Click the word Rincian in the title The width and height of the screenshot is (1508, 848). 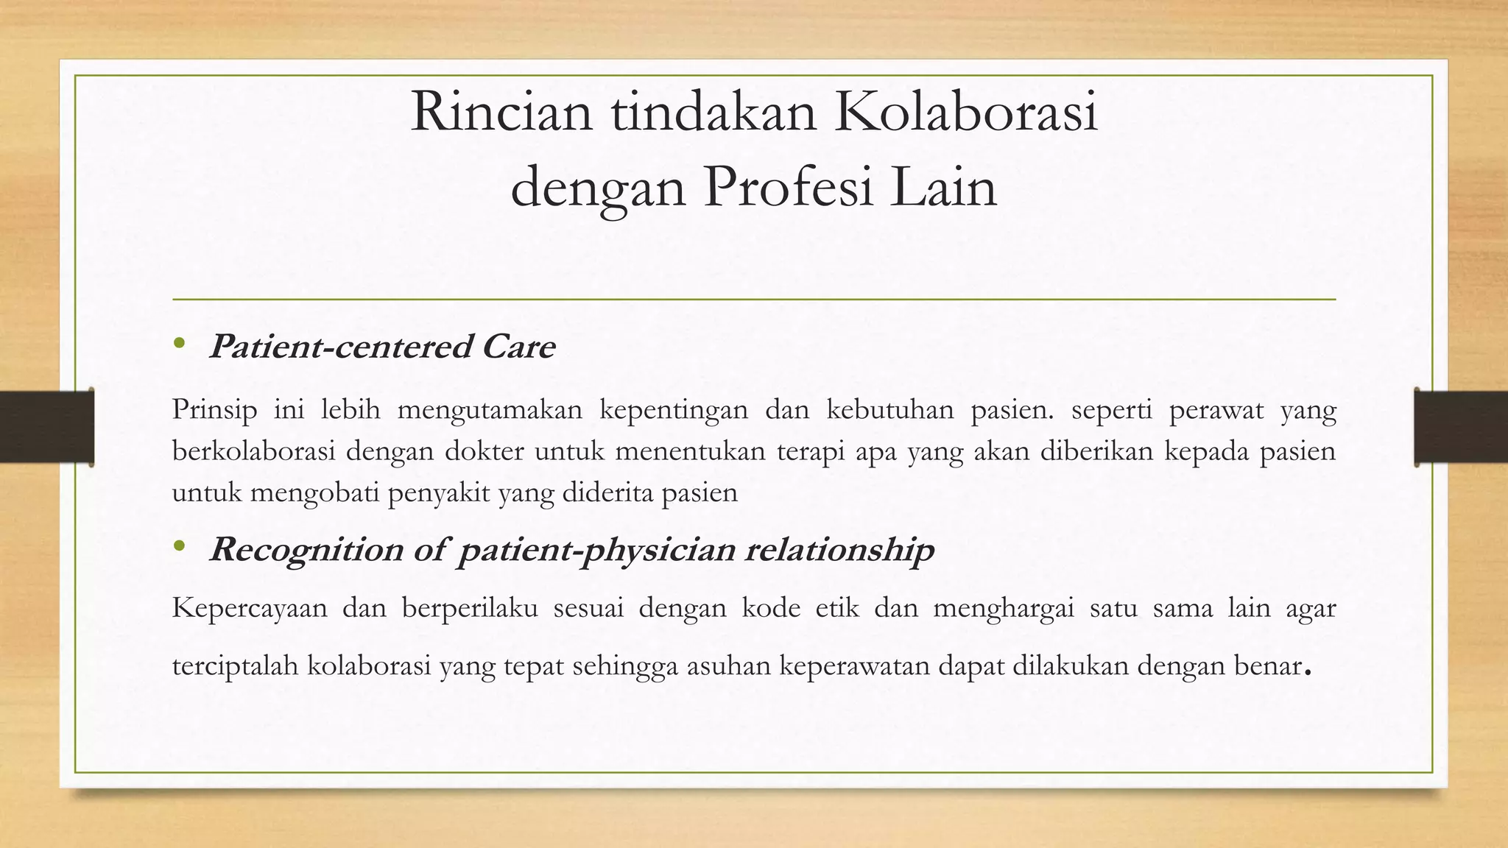[x=501, y=113]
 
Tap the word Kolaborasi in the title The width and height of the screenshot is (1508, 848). [x=965, y=113]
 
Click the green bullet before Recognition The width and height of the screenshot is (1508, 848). [x=179, y=546]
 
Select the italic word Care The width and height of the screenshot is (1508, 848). [x=518, y=347]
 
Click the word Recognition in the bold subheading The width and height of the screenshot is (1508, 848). [x=306, y=550]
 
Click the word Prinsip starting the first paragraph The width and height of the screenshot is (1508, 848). [x=214, y=409]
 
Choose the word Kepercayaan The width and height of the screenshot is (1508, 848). [x=250, y=609]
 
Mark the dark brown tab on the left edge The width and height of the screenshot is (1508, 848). [x=46, y=427]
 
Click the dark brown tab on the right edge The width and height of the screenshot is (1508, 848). [x=1461, y=427]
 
